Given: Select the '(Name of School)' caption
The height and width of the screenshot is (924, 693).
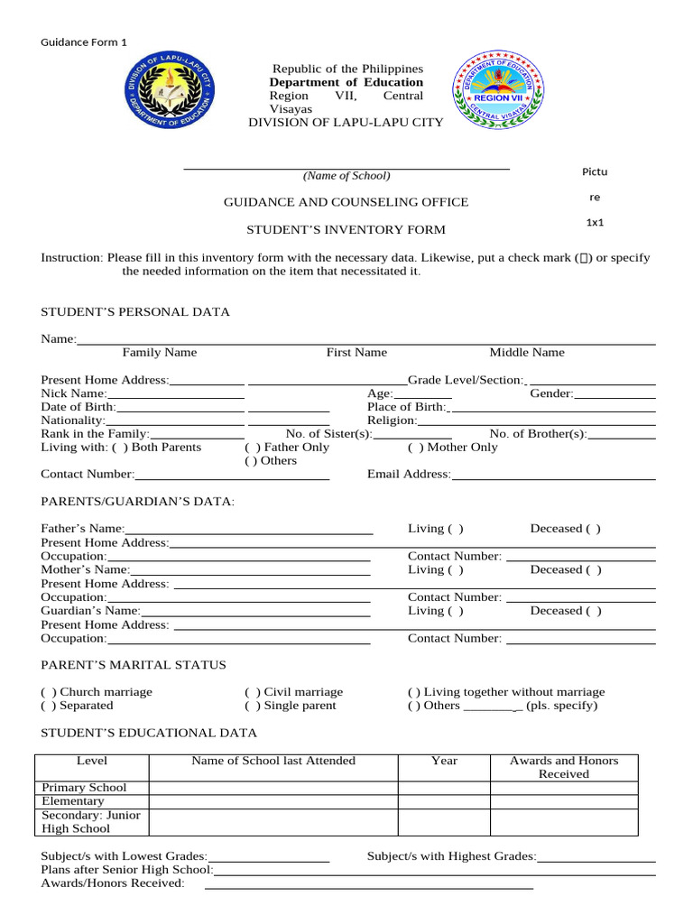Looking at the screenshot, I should (x=346, y=176).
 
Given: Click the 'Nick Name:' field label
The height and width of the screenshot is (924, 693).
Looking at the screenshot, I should (x=74, y=393).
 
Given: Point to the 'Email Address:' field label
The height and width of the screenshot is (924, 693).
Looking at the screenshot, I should (x=409, y=475).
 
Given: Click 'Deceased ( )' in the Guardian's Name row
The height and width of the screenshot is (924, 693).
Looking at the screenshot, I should (x=566, y=611).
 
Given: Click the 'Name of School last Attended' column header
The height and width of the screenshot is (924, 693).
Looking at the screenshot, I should (x=273, y=761).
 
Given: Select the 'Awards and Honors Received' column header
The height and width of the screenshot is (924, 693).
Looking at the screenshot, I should (x=564, y=767).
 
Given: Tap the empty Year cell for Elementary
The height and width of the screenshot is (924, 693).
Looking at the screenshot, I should (x=444, y=801).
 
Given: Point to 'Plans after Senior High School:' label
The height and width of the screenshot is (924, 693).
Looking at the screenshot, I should (x=127, y=870).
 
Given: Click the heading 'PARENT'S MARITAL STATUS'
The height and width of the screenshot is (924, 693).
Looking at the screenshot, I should (x=134, y=665).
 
